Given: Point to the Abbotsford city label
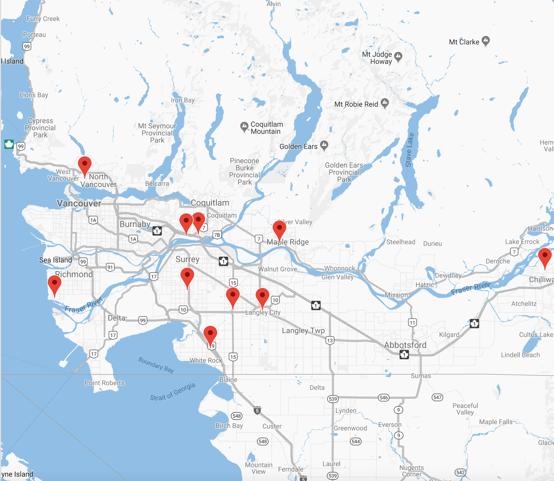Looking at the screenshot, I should (x=405, y=345).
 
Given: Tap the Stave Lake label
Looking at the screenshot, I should (x=410, y=150).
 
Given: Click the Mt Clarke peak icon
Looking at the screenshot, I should (x=486, y=41).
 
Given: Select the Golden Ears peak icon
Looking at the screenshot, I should (x=324, y=145).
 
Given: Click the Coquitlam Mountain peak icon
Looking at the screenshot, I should (x=244, y=126).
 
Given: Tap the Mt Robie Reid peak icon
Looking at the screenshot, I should (x=385, y=103).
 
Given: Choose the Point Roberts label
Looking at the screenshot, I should (x=104, y=383).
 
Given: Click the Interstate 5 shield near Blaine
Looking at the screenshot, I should (x=257, y=411).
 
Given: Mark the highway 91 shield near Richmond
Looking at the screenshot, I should (x=110, y=267).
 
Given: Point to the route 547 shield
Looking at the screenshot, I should (x=437, y=397).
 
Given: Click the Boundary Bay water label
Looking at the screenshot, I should (x=156, y=365).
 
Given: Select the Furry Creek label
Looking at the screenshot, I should (x=43, y=19).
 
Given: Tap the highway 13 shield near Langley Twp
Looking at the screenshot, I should (x=330, y=340).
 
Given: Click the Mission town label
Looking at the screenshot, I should (x=396, y=295).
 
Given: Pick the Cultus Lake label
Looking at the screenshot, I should (x=536, y=335).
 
